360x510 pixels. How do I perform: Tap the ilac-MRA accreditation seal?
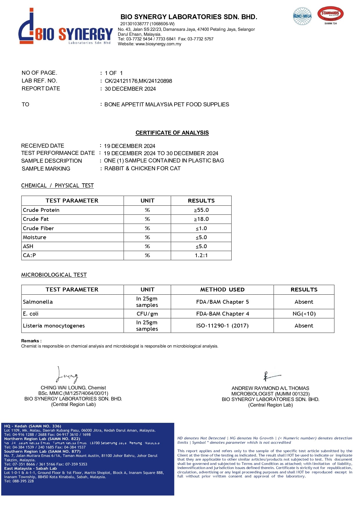302,16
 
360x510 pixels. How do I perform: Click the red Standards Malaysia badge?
330,15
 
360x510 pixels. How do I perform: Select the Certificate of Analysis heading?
172,133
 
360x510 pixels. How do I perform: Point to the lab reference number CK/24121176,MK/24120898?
138,81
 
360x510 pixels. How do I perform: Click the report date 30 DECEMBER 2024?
130,89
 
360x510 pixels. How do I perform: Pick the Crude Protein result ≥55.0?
201,210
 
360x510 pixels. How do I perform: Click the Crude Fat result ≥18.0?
201,219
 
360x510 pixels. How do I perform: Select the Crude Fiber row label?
38,228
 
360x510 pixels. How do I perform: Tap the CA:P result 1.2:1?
201,255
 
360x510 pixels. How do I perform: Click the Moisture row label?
35,237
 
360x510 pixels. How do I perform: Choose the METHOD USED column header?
222,290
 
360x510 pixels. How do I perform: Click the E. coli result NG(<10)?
304,314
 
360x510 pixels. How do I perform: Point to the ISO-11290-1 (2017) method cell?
222,326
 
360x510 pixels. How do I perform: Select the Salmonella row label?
38,302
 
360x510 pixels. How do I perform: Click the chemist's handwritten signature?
67,375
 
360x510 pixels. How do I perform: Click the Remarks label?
31,341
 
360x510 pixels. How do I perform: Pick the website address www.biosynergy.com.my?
158,44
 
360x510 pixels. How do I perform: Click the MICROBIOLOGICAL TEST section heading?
54,275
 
